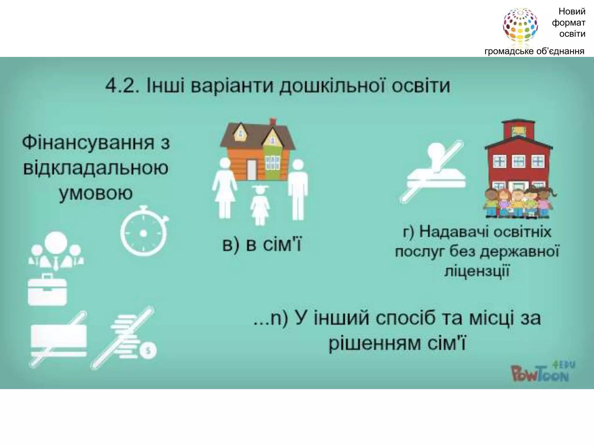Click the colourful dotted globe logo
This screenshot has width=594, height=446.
coord(520,26)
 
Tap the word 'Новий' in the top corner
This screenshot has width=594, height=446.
coord(572,12)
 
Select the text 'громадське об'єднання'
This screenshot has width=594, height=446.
coord(534,51)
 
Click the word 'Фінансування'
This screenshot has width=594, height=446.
coord(88,143)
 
